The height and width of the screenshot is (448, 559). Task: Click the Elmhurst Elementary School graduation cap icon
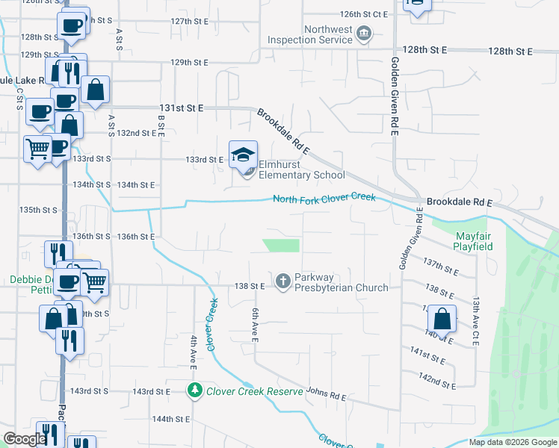pyautogui.click(x=243, y=155)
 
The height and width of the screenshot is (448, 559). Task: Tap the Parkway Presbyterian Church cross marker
pyautogui.click(x=282, y=281)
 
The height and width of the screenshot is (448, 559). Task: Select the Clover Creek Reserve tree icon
pyautogui.click(x=194, y=391)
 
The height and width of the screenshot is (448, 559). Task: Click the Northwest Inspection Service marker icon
pyautogui.click(x=363, y=34)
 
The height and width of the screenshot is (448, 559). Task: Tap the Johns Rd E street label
pyautogui.click(x=327, y=393)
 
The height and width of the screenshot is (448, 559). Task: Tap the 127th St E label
pyautogui.click(x=189, y=22)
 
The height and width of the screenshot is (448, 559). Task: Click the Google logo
pyautogui.click(x=25, y=439)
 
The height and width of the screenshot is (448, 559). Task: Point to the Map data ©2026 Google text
pyautogui.click(x=512, y=442)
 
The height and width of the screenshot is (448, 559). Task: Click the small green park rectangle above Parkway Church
pyautogui.click(x=282, y=245)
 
